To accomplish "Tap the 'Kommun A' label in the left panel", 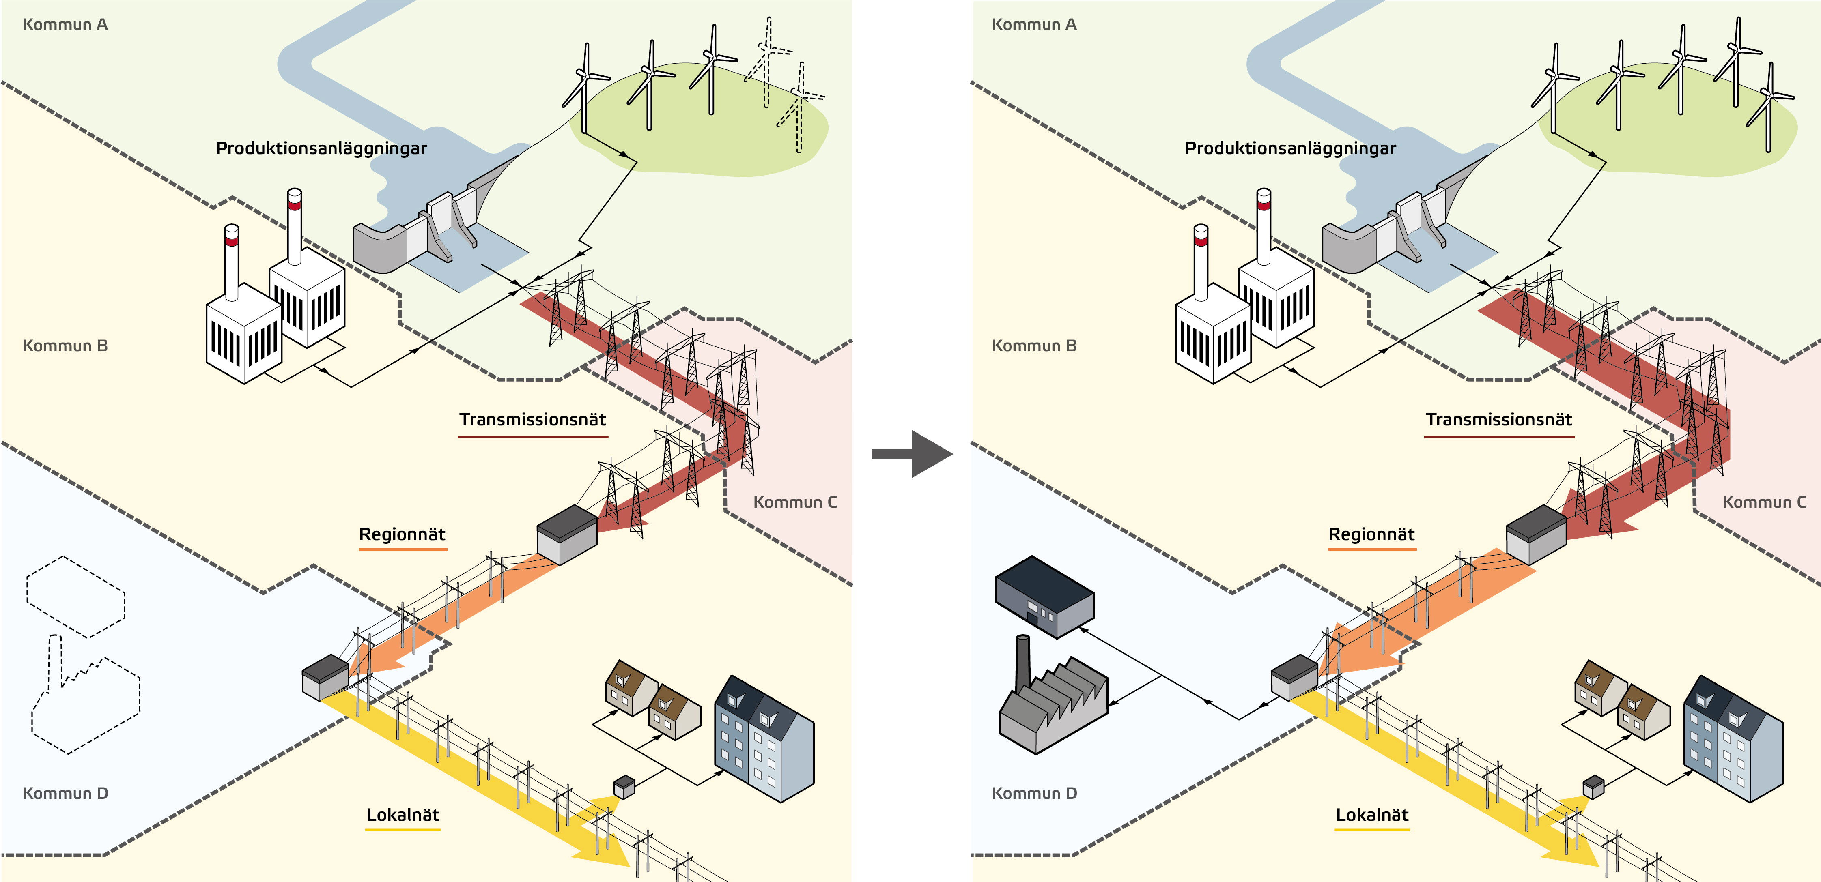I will click(x=65, y=25).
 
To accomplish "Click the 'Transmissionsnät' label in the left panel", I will click(x=532, y=420).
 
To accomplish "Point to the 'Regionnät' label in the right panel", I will click(x=1371, y=534).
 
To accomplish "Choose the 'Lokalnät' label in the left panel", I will click(x=402, y=815).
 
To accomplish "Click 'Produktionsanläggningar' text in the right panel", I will click(x=1290, y=148).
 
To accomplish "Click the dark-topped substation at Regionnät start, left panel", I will click(x=567, y=534).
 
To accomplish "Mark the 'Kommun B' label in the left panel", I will click(x=65, y=346).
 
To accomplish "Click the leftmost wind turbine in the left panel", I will click(x=585, y=88).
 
